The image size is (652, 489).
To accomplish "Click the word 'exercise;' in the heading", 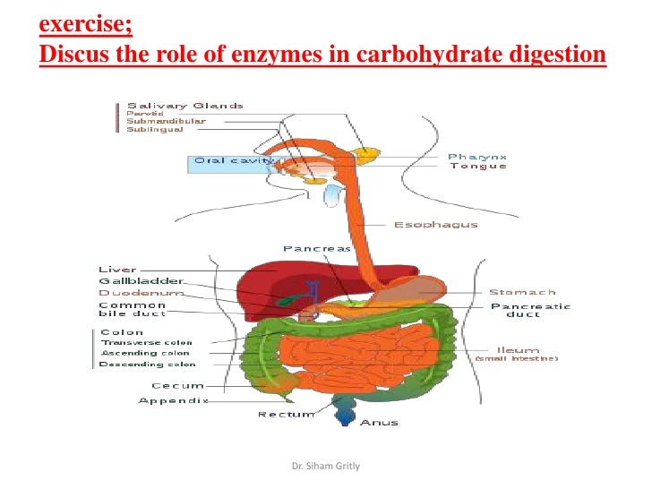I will coord(86,21).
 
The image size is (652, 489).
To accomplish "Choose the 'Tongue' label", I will coord(477,167).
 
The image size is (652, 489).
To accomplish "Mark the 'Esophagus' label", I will coord(435,225).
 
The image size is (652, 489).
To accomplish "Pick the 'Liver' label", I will coord(117,269).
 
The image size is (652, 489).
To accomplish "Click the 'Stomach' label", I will coord(521,292).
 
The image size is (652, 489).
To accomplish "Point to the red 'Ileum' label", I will coord(518,349).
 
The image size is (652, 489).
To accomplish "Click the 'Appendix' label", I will coord(173,400).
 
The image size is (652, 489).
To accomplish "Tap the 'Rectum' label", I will coord(286,415).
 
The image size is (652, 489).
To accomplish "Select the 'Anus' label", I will coord(378,423).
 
